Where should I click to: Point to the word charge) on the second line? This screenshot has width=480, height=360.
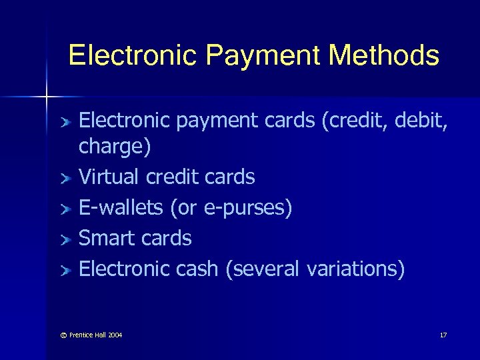pyautogui.click(x=115, y=148)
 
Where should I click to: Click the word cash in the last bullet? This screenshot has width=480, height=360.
pyautogui.click(x=198, y=269)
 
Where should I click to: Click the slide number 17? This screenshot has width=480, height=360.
pyautogui.click(x=443, y=334)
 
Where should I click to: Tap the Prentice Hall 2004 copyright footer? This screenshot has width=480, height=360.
pyautogui.click(x=93, y=334)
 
